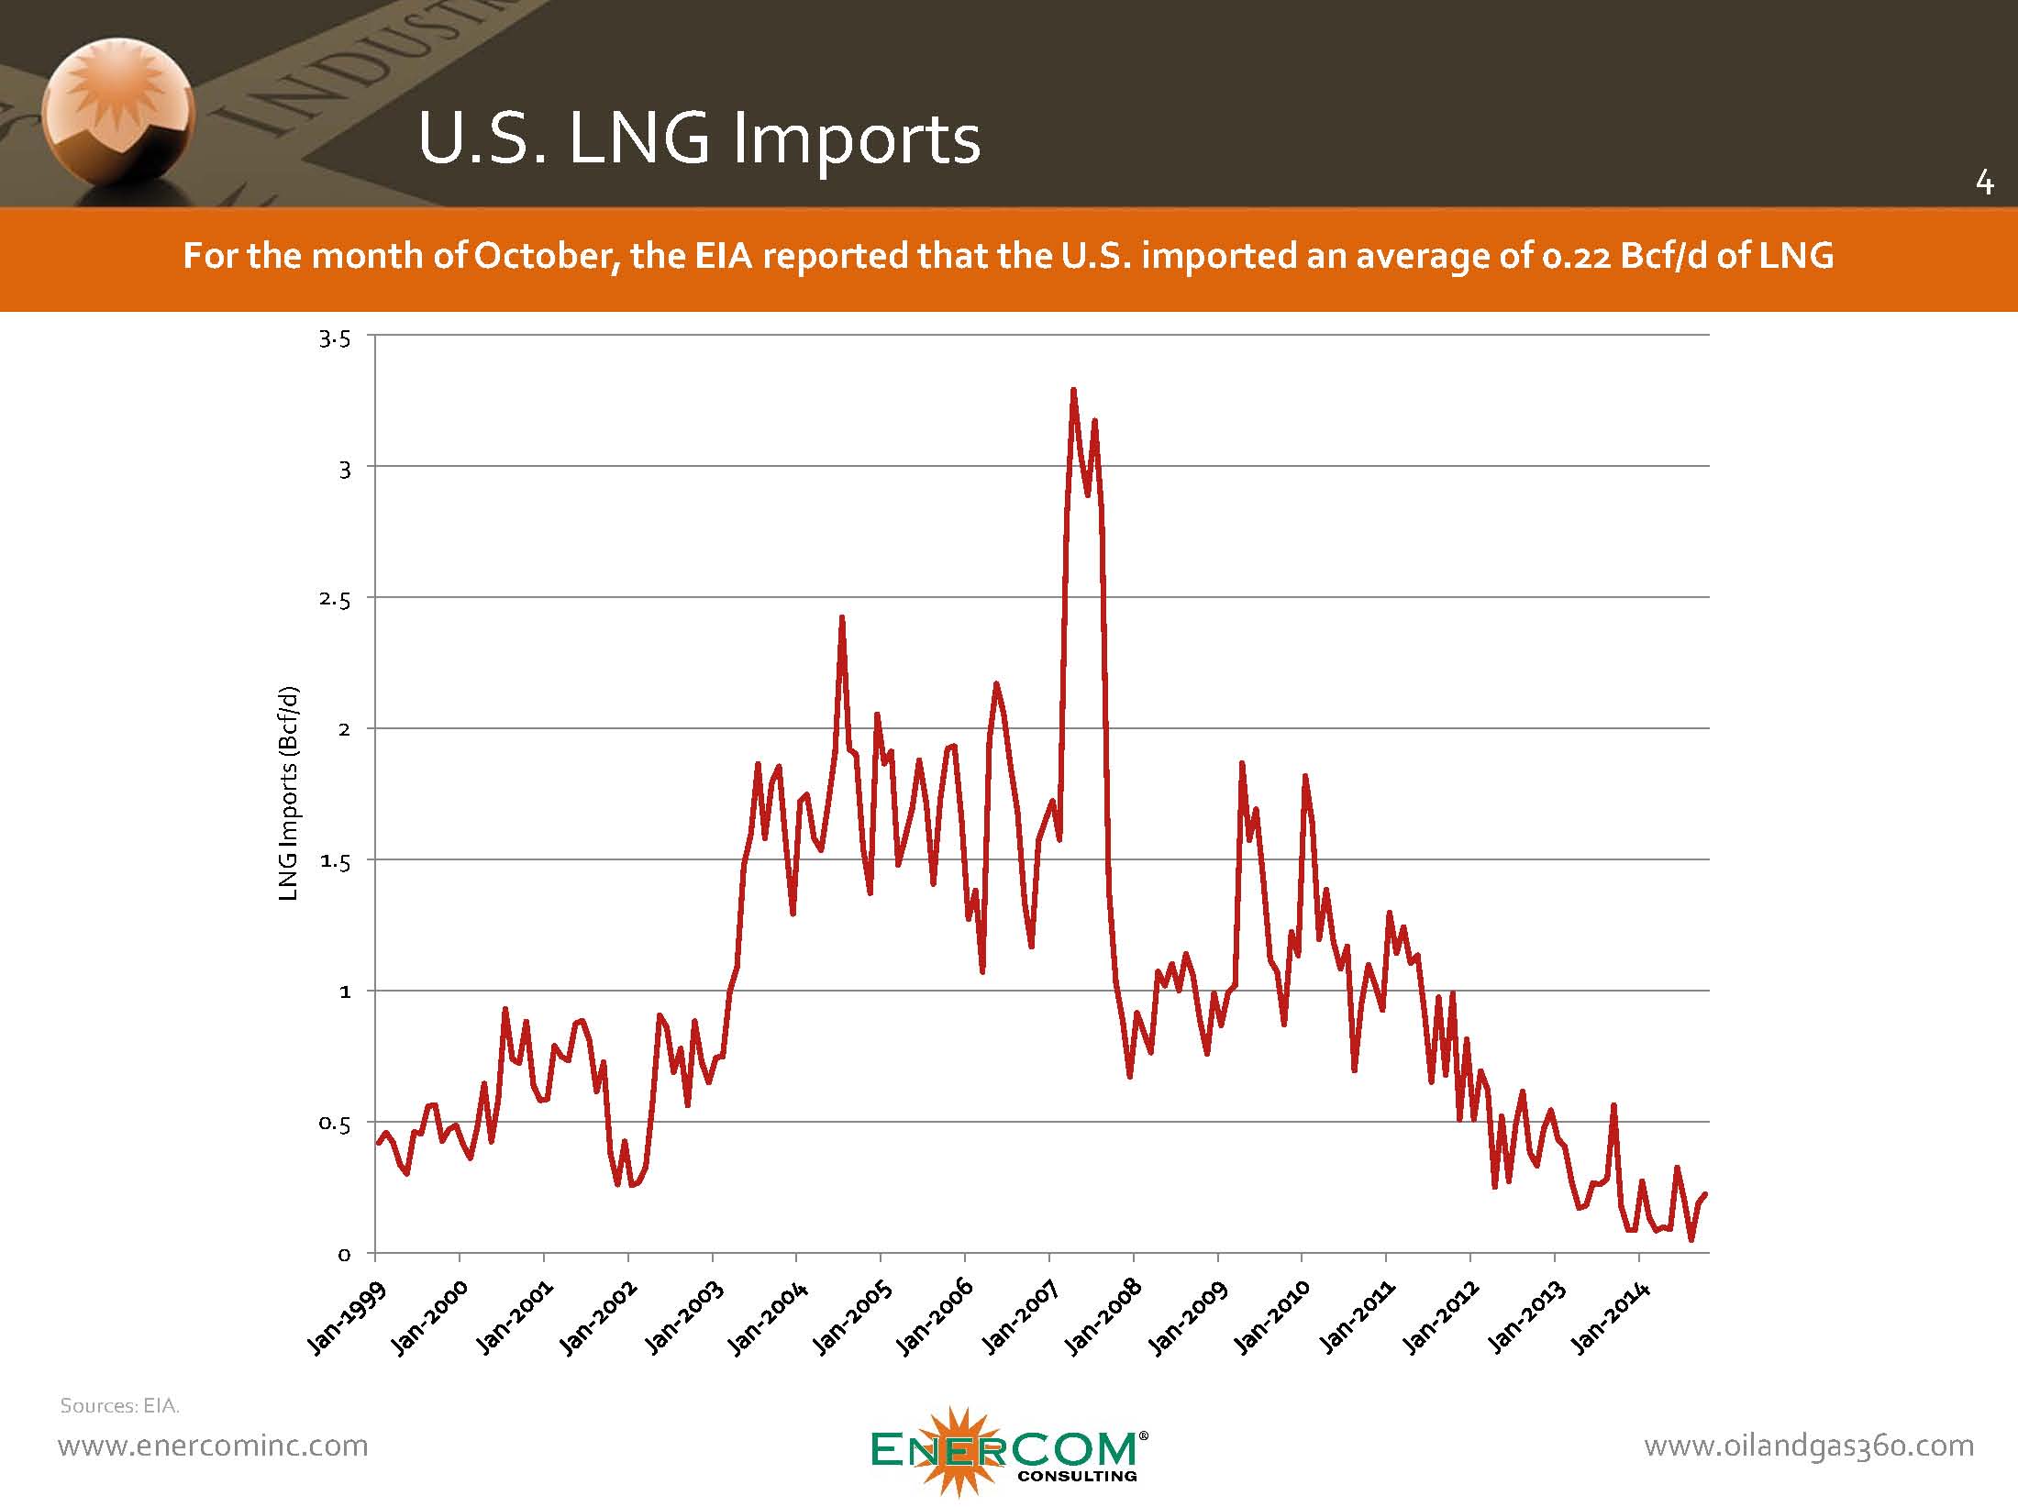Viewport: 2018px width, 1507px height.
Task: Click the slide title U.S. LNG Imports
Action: point(699,139)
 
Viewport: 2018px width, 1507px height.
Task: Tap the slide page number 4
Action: point(1984,183)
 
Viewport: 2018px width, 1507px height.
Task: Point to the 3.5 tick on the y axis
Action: point(335,339)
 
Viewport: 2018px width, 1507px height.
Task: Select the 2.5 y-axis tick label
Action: point(335,601)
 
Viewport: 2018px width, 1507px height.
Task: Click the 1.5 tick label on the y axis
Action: point(335,862)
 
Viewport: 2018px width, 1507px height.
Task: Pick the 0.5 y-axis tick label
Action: point(335,1125)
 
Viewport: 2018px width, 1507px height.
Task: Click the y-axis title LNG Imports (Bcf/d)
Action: point(289,793)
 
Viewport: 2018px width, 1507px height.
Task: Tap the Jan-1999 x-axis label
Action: point(347,1318)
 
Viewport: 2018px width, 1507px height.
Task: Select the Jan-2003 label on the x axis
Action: point(684,1318)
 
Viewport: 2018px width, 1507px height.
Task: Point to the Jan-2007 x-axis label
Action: point(1021,1318)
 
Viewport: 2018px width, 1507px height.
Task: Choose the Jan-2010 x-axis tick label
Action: point(1273,1318)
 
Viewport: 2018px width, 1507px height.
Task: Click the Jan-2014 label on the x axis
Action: point(1611,1318)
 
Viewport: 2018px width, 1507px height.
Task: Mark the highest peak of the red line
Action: point(1072,390)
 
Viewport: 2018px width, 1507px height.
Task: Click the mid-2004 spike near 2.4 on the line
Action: point(841,618)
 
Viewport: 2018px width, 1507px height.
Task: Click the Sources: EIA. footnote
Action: point(120,1405)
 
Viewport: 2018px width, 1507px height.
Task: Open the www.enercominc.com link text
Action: point(213,1446)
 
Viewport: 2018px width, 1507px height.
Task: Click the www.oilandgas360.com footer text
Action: point(1809,1446)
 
